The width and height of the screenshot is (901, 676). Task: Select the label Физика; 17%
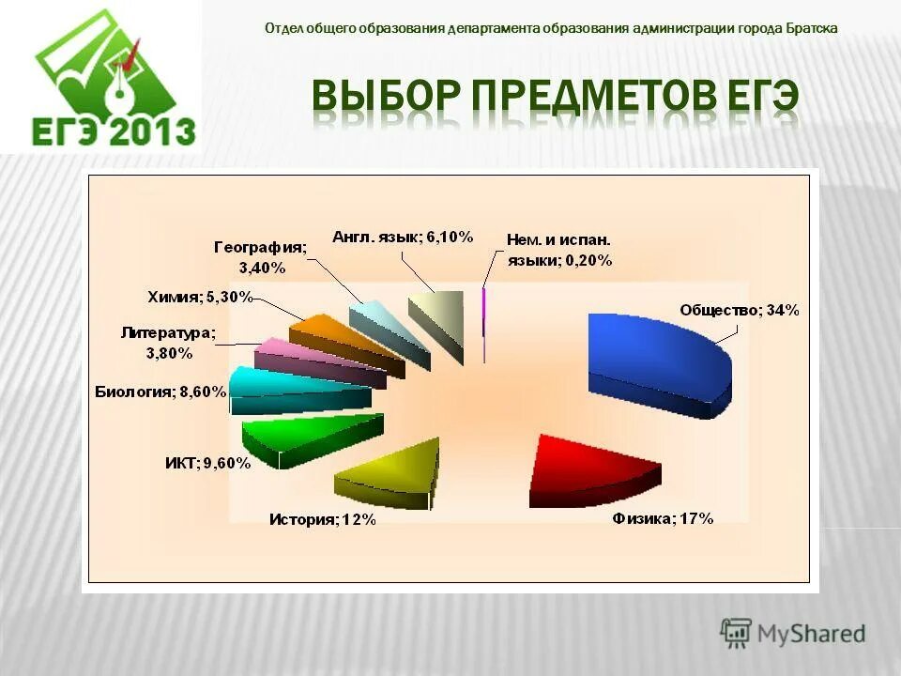click(x=664, y=518)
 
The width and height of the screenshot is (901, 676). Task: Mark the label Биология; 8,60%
click(x=160, y=392)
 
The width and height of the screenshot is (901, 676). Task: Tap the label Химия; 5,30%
click(x=200, y=298)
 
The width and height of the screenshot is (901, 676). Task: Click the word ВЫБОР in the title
click(x=385, y=98)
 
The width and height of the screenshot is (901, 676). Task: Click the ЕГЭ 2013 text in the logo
click(x=114, y=131)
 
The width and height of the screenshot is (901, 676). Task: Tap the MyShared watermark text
click(x=811, y=634)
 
